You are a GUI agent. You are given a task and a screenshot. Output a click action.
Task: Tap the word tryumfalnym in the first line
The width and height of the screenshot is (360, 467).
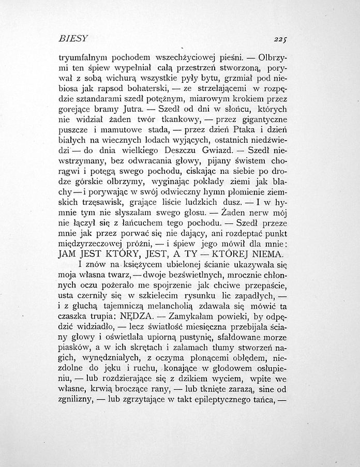pyautogui.click(x=83, y=57)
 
